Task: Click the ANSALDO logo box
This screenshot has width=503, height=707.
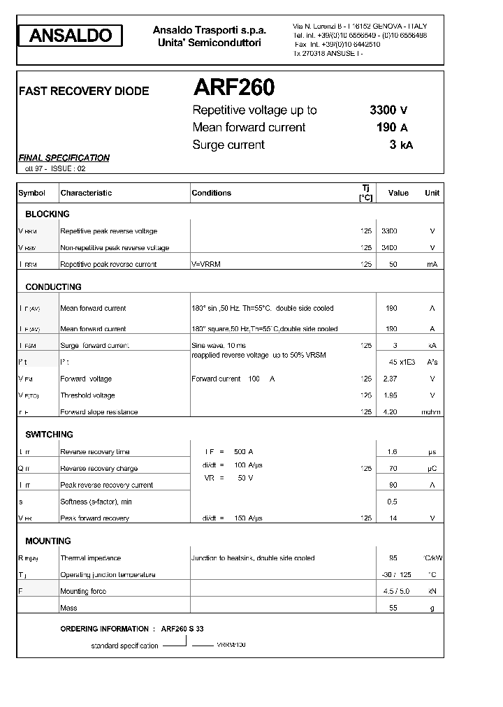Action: pos(70,36)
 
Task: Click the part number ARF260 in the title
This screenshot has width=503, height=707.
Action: pos(233,87)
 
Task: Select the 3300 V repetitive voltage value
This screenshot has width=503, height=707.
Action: pos(388,110)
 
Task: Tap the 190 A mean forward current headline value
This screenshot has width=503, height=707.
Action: pos(391,127)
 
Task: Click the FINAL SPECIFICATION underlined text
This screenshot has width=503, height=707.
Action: pos(64,158)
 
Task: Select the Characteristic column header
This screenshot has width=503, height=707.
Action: pos(86,193)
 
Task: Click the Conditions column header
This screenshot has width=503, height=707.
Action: pos(211,193)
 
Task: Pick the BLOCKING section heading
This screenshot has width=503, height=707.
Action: pos(48,214)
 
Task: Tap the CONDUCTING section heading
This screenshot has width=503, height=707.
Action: pos(53,287)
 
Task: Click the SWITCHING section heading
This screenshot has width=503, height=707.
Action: pos(49,435)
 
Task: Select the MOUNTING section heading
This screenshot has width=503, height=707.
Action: pos(48,541)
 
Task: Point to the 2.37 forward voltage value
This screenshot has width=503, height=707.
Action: pos(390,379)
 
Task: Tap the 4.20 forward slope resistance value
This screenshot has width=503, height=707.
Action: pos(390,412)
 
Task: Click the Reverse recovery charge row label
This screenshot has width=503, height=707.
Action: pos(99,469)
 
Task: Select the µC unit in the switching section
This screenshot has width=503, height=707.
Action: pos(432,469)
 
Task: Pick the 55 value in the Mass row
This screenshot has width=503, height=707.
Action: pos(393,608)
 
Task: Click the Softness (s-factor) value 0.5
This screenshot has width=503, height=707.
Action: pos(392,502)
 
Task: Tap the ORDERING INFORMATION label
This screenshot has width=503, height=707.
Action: pos(104,629)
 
